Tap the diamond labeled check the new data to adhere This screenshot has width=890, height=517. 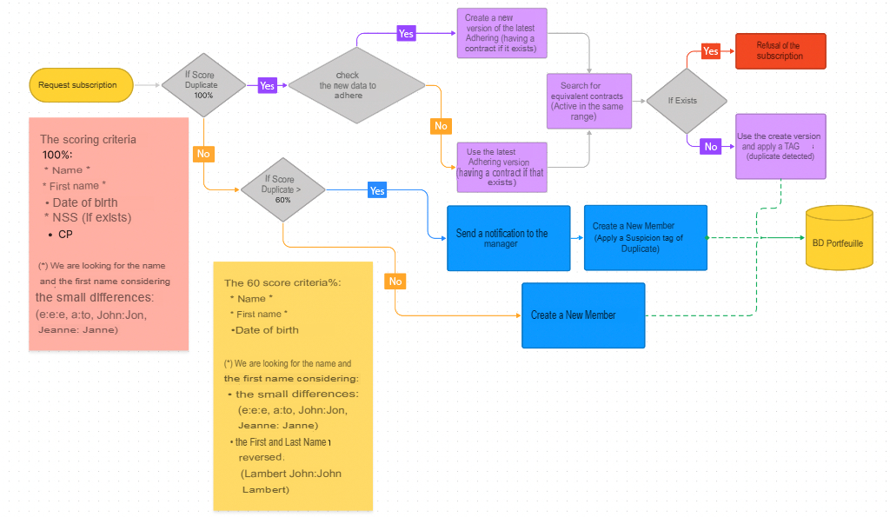[x=356, y=85]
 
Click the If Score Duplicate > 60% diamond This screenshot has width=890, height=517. [x=282, y=189]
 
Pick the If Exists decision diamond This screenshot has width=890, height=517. [x=686, y=101]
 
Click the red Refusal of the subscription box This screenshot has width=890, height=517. [x=780, y=51]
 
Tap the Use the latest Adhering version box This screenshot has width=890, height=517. [x=501, y=167]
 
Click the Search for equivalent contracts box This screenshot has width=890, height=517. [x=588, y=101]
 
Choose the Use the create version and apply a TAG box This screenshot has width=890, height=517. [x=780, y=146]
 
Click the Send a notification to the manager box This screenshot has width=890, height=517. [x=508, y=238]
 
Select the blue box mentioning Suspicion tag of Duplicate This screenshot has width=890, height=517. [x=645, y=237]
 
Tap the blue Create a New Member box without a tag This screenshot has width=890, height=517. [x=583, y=315]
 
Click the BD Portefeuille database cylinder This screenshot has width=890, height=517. [x=838, y=238]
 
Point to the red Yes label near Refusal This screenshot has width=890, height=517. [x=711, y=51]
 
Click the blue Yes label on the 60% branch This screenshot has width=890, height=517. [x=377, y=190]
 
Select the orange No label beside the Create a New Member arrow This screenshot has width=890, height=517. [x=395, y=282]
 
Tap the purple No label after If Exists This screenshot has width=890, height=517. [x=711, y=147]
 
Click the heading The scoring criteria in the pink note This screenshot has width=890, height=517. [x=88, y=139]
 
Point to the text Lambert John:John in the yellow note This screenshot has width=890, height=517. [x=291, y=474]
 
